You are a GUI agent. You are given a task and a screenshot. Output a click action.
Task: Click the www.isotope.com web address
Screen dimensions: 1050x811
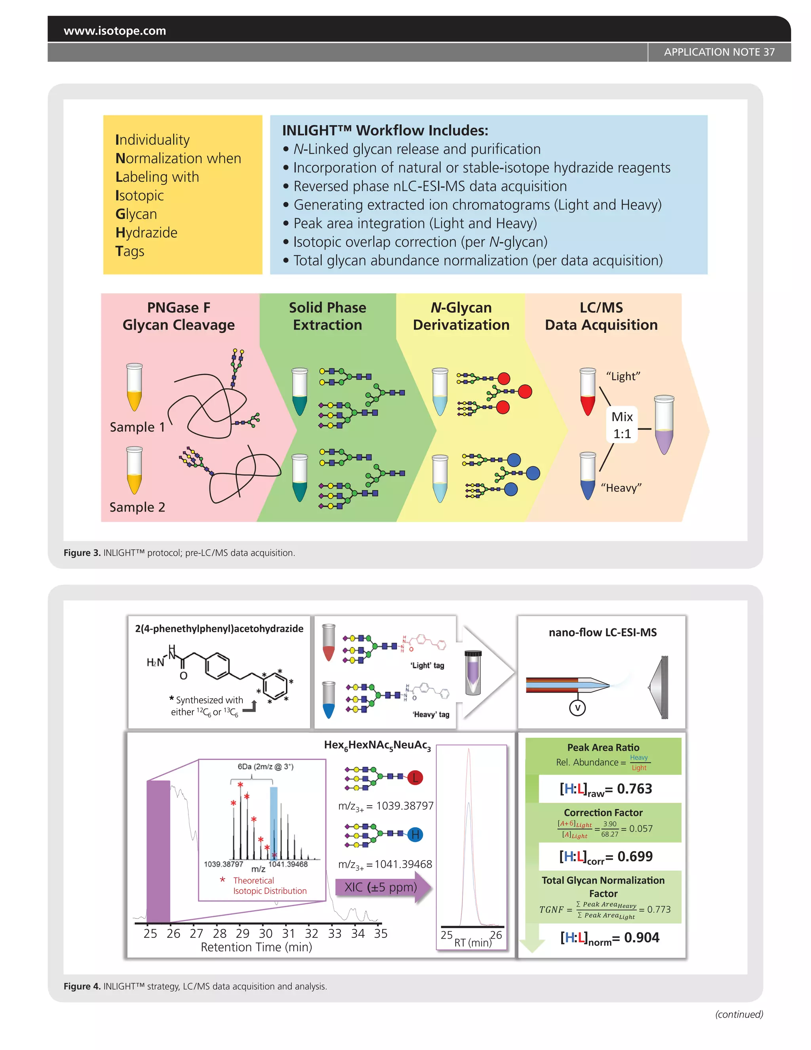click(115, 31)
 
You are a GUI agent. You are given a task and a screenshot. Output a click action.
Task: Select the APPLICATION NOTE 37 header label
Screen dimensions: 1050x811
click(719, 52)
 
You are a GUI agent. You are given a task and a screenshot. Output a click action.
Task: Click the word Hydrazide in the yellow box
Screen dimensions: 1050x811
click(147, 233)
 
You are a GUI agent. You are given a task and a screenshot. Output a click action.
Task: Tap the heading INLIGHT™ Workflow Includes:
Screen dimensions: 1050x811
click(385, 130)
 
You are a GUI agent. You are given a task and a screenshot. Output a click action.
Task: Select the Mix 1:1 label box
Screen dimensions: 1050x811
click(622, 425)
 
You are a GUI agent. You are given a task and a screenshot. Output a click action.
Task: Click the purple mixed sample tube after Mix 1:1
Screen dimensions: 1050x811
click(664, 424)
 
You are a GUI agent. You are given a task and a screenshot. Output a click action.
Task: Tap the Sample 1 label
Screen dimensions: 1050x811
click(137, 427)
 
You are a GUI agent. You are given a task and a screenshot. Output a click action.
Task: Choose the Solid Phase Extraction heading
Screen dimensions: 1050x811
click(327, 316)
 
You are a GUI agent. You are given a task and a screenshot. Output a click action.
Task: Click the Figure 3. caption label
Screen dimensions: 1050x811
click(82, 553)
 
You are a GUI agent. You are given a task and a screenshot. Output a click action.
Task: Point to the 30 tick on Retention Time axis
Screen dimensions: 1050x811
click(266, 933)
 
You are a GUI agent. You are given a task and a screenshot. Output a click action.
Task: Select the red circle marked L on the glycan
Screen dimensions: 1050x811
click(415, 777)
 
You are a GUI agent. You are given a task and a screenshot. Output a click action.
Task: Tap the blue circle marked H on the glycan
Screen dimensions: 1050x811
click(415, 834)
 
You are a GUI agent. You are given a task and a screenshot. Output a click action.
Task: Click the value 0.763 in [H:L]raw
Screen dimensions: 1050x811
click(634, 789)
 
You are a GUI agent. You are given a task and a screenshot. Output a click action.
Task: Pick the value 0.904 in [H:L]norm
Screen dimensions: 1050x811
click(642, 937)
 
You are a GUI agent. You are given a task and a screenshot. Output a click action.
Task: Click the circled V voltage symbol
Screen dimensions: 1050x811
click(577, 708)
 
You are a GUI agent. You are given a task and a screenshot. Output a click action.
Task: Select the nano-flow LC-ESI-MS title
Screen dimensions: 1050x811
click(602, 633)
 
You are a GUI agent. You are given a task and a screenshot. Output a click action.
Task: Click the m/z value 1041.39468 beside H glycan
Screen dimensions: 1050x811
click(403, 864)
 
